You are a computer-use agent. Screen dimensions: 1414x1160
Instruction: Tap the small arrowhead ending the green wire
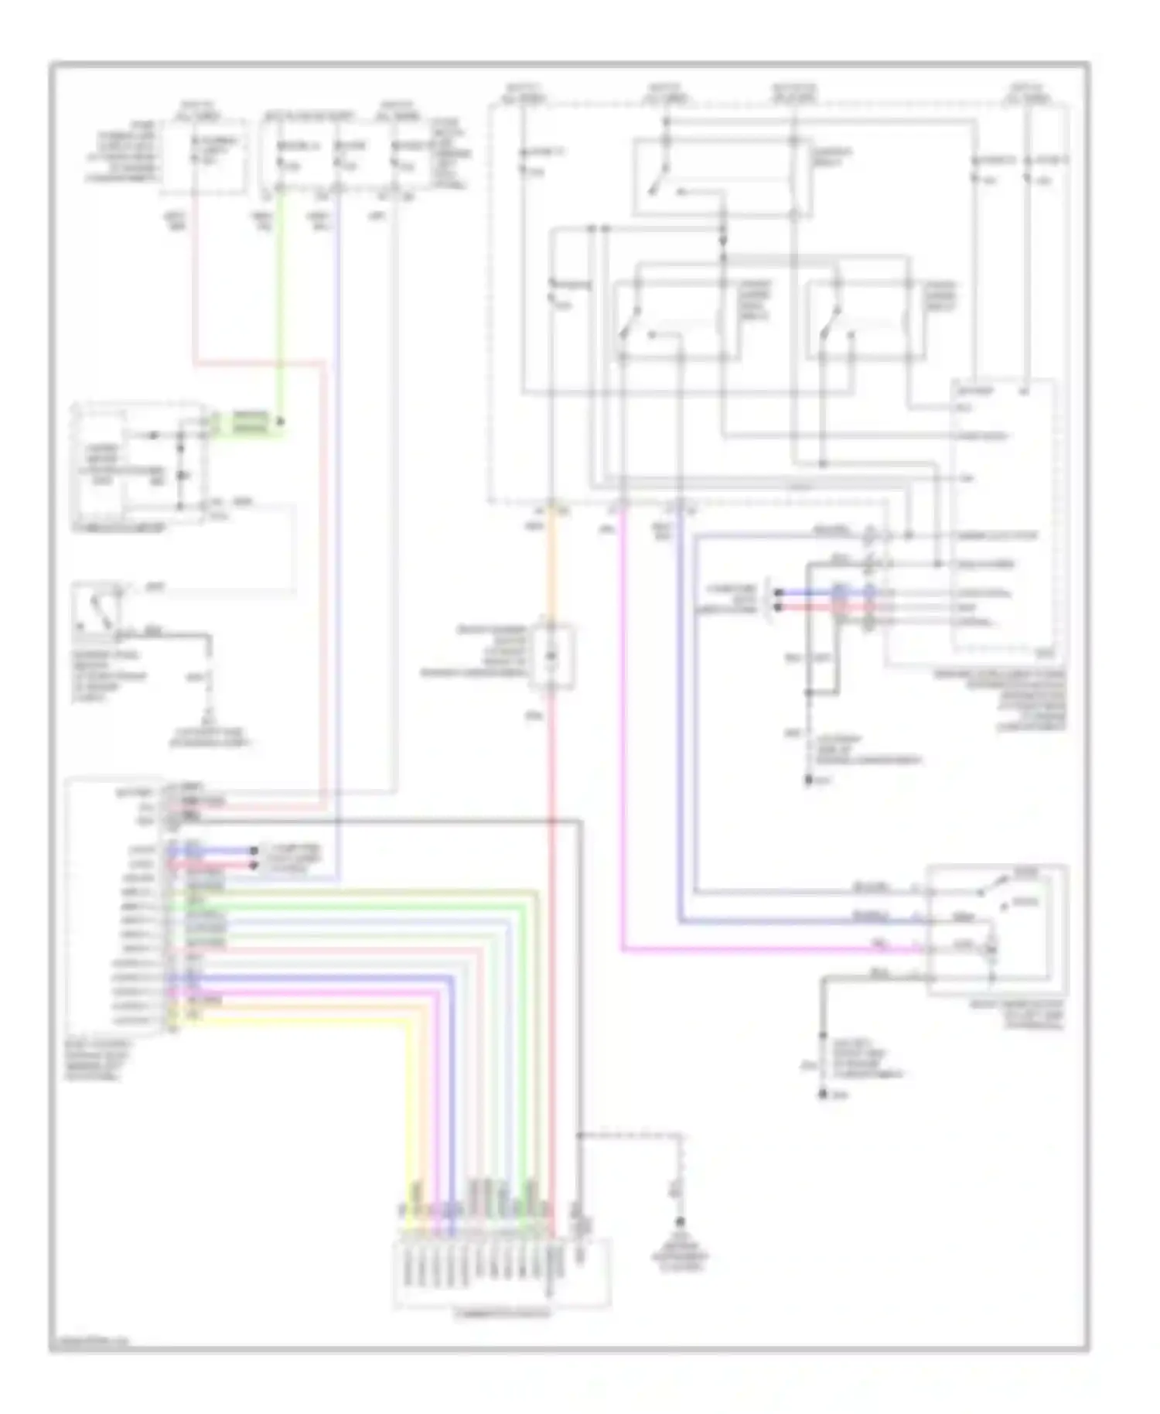click(281, 422)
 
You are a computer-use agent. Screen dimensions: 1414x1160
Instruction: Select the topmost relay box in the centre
click(722, 177)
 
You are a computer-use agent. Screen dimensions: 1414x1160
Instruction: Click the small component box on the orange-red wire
click(551, 657)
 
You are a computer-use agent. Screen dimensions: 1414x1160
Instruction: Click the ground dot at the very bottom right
click(824, 1095)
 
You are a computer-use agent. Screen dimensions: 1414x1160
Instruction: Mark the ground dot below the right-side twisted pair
click(808, 780)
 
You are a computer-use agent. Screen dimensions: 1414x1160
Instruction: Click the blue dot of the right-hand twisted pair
click(778, 593)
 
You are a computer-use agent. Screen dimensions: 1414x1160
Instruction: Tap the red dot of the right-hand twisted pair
click(778, 607)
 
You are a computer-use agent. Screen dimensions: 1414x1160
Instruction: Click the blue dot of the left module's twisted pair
click(254, 851)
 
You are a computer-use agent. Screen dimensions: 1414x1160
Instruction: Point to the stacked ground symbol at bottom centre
click(681, 1222)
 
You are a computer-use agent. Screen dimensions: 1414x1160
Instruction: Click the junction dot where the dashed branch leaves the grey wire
click(579, 1136)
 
